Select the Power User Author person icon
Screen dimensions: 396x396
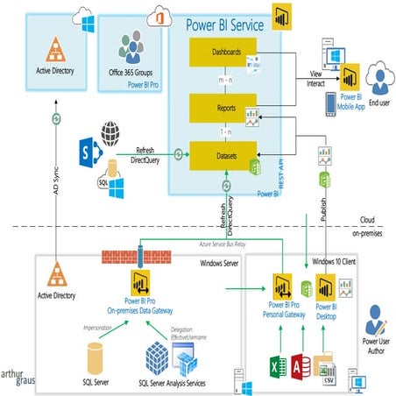tap(376, 317)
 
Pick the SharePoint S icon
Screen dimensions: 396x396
tap(113, 147)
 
